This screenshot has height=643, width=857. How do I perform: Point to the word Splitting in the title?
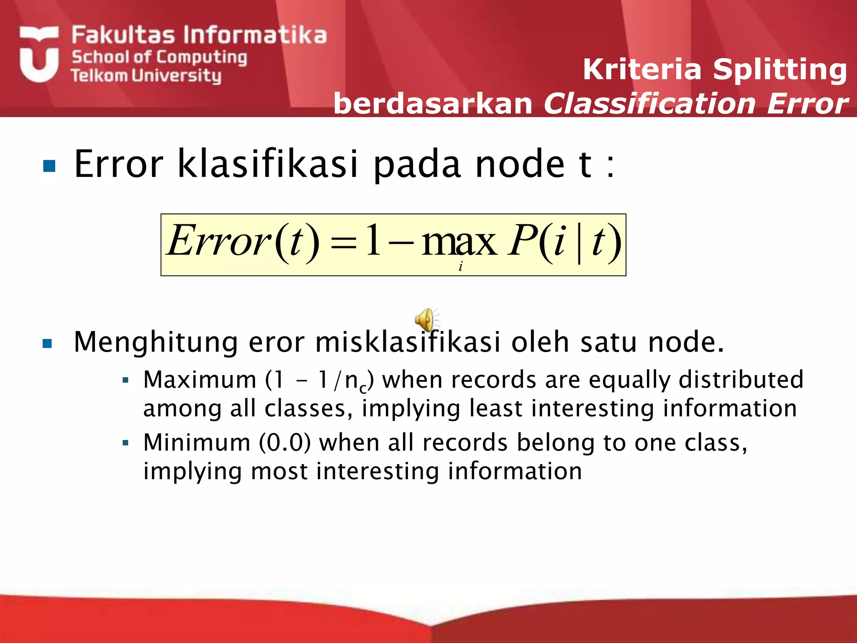780,69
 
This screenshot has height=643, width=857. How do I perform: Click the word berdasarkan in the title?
433,104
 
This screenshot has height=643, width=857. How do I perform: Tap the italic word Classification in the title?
651,104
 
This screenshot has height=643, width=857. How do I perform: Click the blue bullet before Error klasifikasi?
49,166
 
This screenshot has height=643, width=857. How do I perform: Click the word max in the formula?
459,242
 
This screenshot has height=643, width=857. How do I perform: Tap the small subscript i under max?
461,266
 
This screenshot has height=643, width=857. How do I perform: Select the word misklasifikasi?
408,342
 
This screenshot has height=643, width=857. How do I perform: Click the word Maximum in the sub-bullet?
200,380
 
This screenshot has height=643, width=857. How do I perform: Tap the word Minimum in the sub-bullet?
197,442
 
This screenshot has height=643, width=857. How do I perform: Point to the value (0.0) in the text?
285,442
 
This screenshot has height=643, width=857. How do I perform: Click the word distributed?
741,380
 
